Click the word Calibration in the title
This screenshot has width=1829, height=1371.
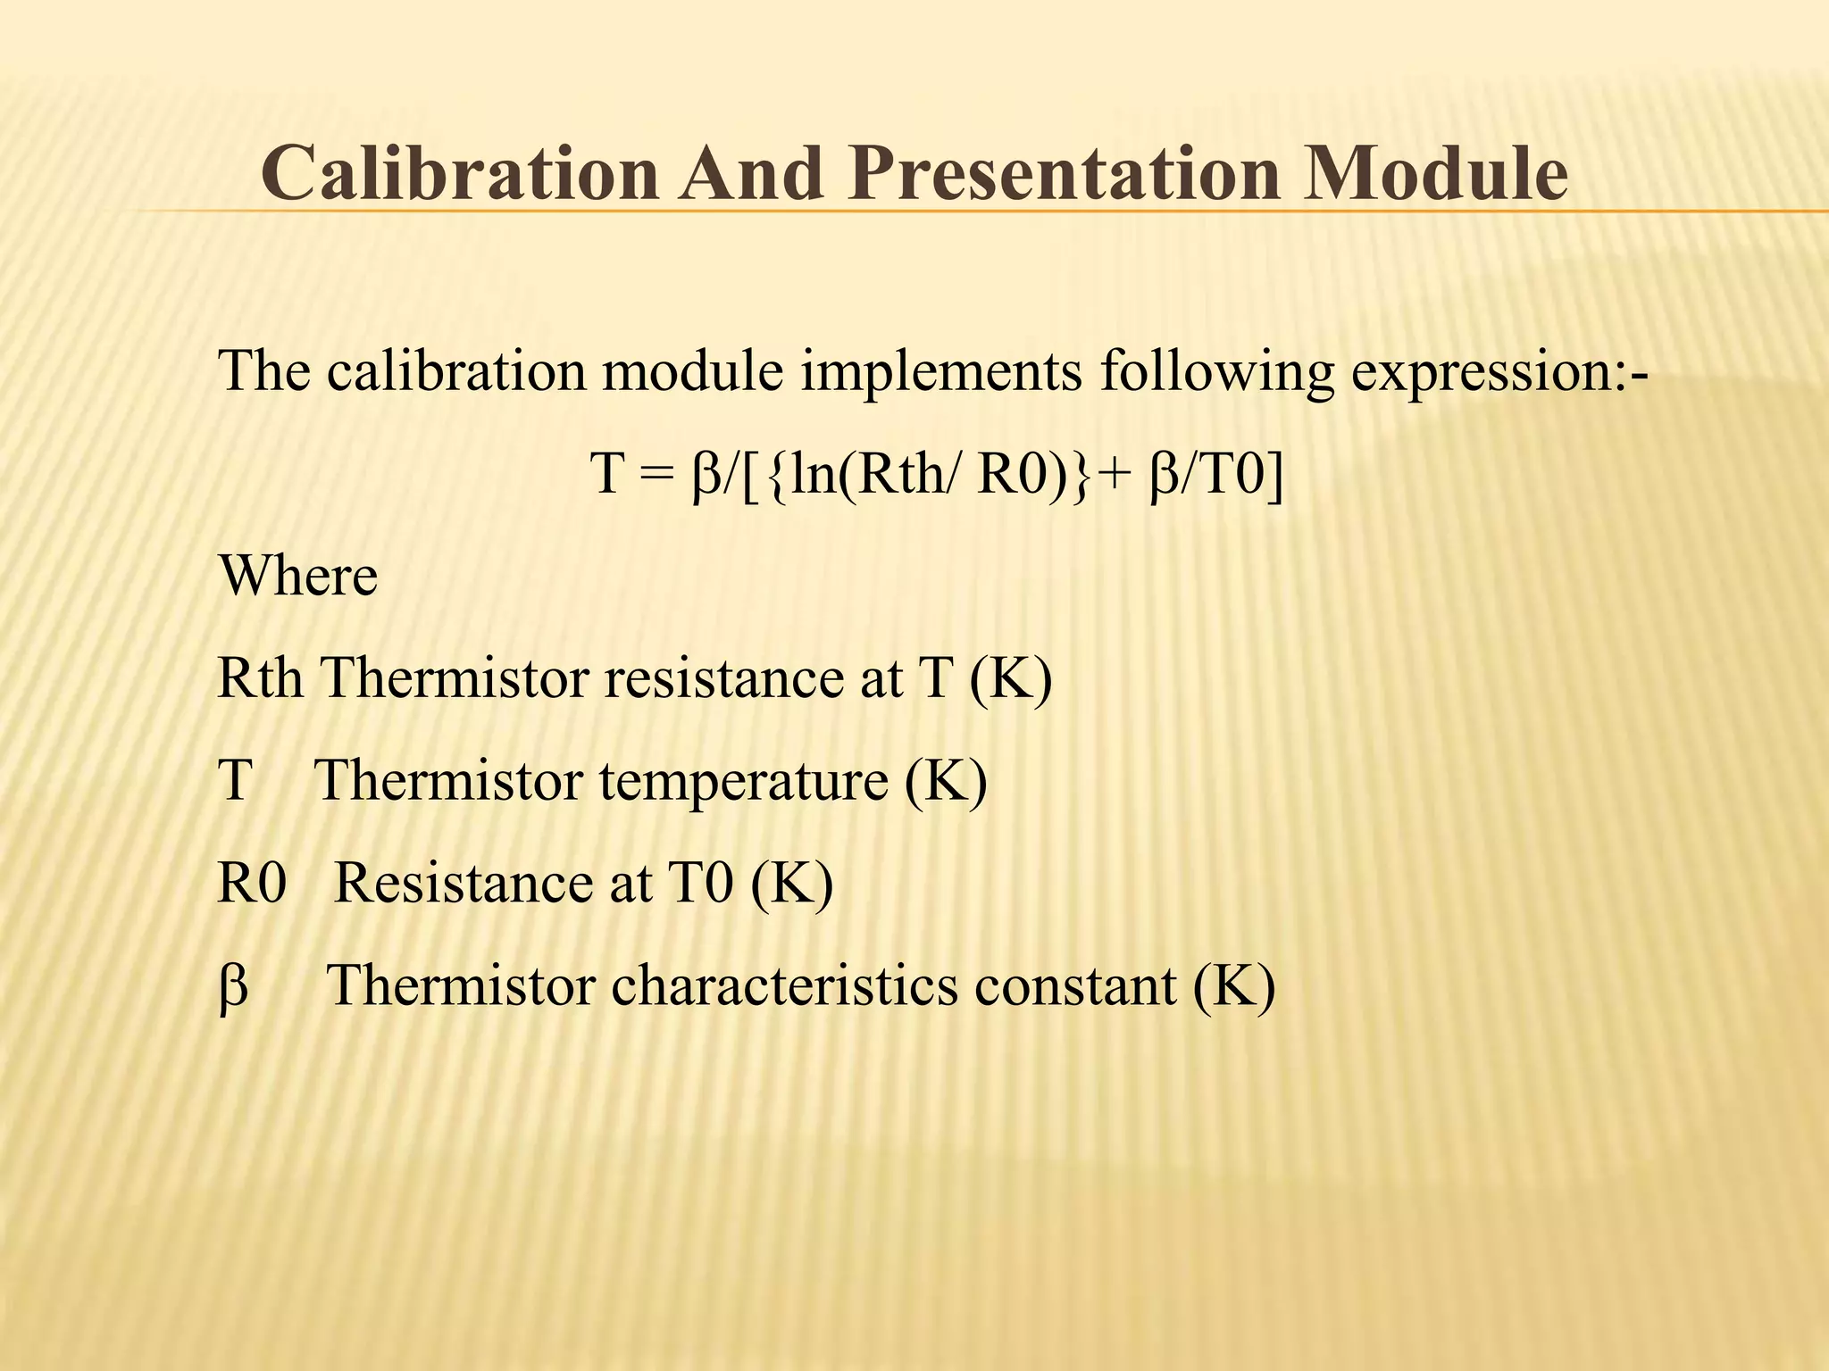coord(460,172)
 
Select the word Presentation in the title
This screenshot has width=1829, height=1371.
coord(1066,172)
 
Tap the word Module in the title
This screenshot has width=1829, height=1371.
coord(1435,172)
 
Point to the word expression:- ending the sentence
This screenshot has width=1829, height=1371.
coord(1499,372)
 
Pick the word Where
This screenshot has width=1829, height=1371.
coord(298,577)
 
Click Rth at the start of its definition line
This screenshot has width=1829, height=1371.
coord(260,678)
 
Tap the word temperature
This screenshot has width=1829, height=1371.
coord(743,781)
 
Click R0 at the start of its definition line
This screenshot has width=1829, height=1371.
coord(252,884)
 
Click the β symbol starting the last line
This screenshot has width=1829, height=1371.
coord(233,988)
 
